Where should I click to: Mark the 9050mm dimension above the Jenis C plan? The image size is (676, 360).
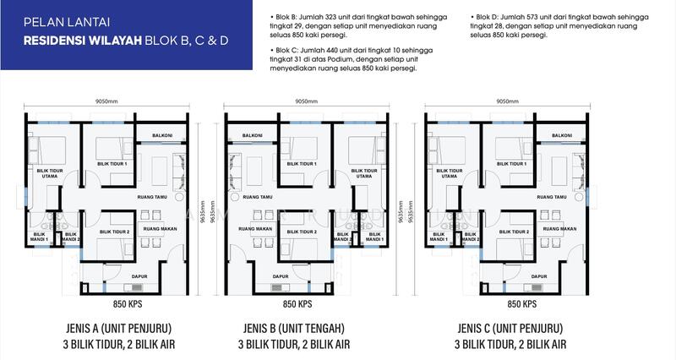507,101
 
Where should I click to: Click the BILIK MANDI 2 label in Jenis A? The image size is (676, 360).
71,237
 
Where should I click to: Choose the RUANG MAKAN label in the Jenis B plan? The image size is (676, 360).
255,228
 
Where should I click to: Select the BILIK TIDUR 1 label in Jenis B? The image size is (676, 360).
303,164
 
